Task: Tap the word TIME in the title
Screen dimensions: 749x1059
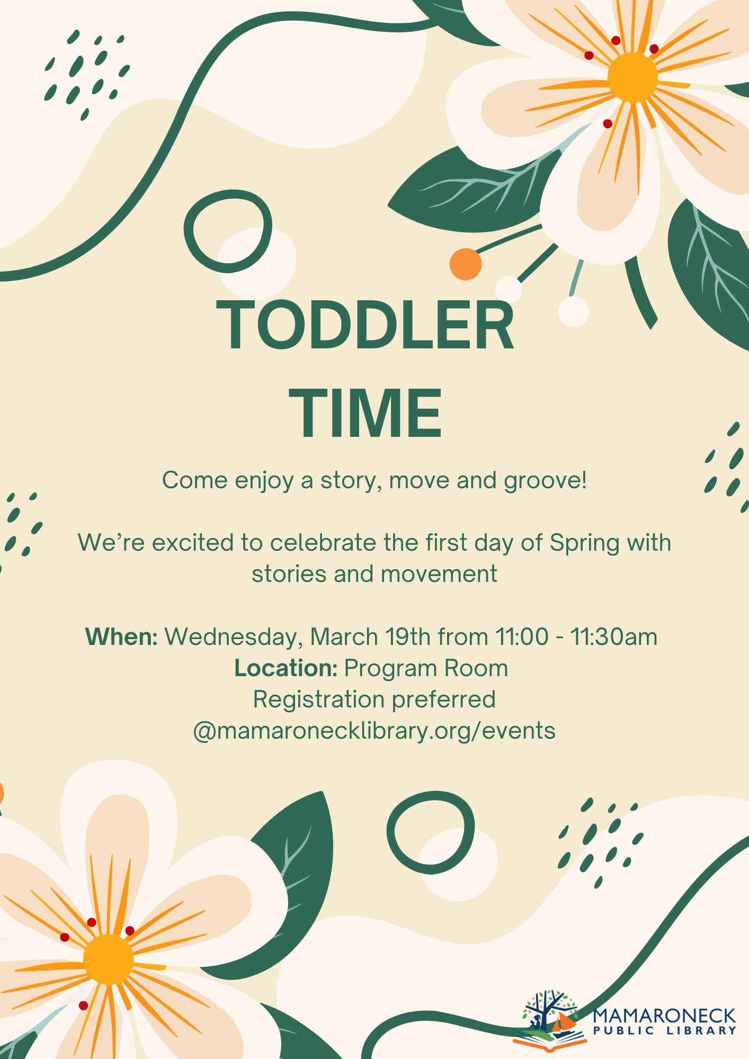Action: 365,413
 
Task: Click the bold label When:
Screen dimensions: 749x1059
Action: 121,636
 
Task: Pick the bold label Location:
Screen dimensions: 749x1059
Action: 286,668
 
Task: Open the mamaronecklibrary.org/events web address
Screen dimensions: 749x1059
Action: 374,731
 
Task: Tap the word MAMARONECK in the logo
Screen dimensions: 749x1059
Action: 664,1016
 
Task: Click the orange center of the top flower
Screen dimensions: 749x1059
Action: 632,77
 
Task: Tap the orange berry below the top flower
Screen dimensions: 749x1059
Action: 466,264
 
